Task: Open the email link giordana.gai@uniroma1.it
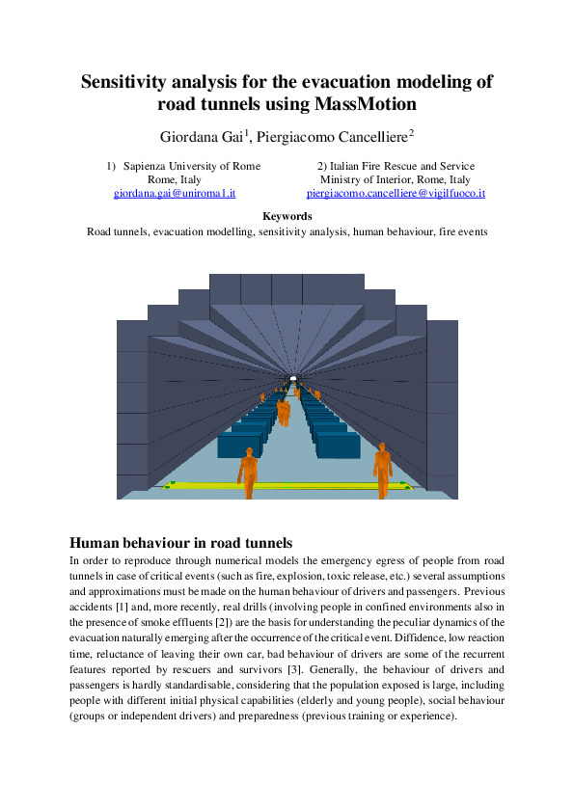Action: click(x=175, y=193)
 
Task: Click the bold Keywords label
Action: click(x=287, y=217)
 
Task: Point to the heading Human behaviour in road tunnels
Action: click(x=181, y=542)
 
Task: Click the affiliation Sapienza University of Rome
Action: click(x=192, y=166)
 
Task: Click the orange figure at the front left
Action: click(x=249, y=471)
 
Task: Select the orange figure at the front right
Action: click(x=383, y=468)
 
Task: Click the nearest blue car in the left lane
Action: click(x=238, y=445)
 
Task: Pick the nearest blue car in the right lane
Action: click(x=338, y=445)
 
